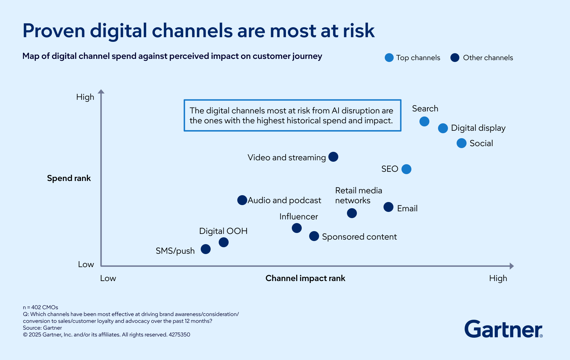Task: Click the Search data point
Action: pos(424,121)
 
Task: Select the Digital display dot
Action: pos(443,128)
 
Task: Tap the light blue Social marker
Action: pos(461,143)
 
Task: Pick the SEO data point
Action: pos(406,169)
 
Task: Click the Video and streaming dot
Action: pos(333,157)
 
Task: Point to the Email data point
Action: pos(388,207)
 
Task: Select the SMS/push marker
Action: pos(206,249)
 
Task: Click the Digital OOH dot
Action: pos(224,242)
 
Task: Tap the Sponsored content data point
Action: pos(314,236)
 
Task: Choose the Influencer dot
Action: pos(296,228)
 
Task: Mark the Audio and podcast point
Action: pos(242,200)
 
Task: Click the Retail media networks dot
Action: pos(352,213)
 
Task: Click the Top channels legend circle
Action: pos(389,58)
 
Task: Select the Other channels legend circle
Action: pos(455,58)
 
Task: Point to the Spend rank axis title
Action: pos(69,178)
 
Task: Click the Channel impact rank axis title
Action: pos(305,278)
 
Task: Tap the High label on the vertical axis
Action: pos(85,97)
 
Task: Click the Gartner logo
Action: pos(503,329)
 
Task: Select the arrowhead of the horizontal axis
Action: pos(511,266)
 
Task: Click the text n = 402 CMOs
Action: pos(41,307)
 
